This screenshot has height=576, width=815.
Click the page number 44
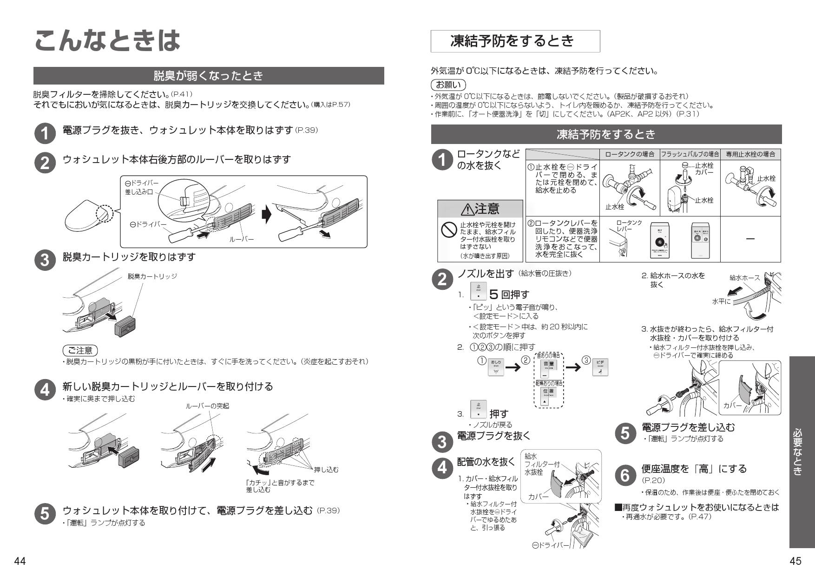(x=20, y=561)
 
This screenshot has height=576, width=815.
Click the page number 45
(x=795, y=561)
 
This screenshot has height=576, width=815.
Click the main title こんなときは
(x=107, y=40)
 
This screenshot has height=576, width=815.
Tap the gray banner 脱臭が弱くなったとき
(x=209, y=76)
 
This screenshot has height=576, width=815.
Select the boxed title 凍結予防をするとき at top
(x=515, y=41)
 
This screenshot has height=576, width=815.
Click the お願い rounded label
(x=448, y=85)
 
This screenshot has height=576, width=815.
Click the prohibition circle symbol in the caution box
(x=448, y=229)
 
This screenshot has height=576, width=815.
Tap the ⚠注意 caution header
(x=480, y=209)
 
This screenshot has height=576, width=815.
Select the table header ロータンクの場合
(x=630, y=154)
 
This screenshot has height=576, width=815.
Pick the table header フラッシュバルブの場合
(x=690, y=154)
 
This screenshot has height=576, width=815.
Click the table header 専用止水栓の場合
(x=750, y=154)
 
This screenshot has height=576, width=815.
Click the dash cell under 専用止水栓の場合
(x=750, y=239)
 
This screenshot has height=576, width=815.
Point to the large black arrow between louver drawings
(x=266, y=215)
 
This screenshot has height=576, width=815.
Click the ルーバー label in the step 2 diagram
(x=241, y=239)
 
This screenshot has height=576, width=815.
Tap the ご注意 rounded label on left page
(x=80, y=350)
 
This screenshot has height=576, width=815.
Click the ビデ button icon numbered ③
(x=600, y=367)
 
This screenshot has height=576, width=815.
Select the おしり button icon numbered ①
(x=496, y=367)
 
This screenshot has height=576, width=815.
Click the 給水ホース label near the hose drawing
(x=744, y=278)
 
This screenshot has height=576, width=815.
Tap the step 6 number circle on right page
(x=625, y=475)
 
